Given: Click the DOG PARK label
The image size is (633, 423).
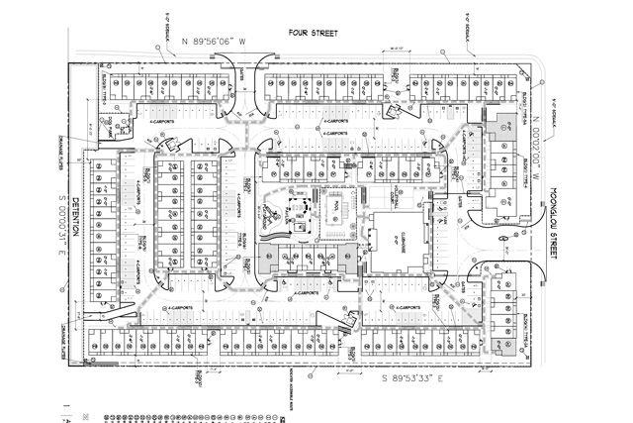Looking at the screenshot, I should click(114, 124).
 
